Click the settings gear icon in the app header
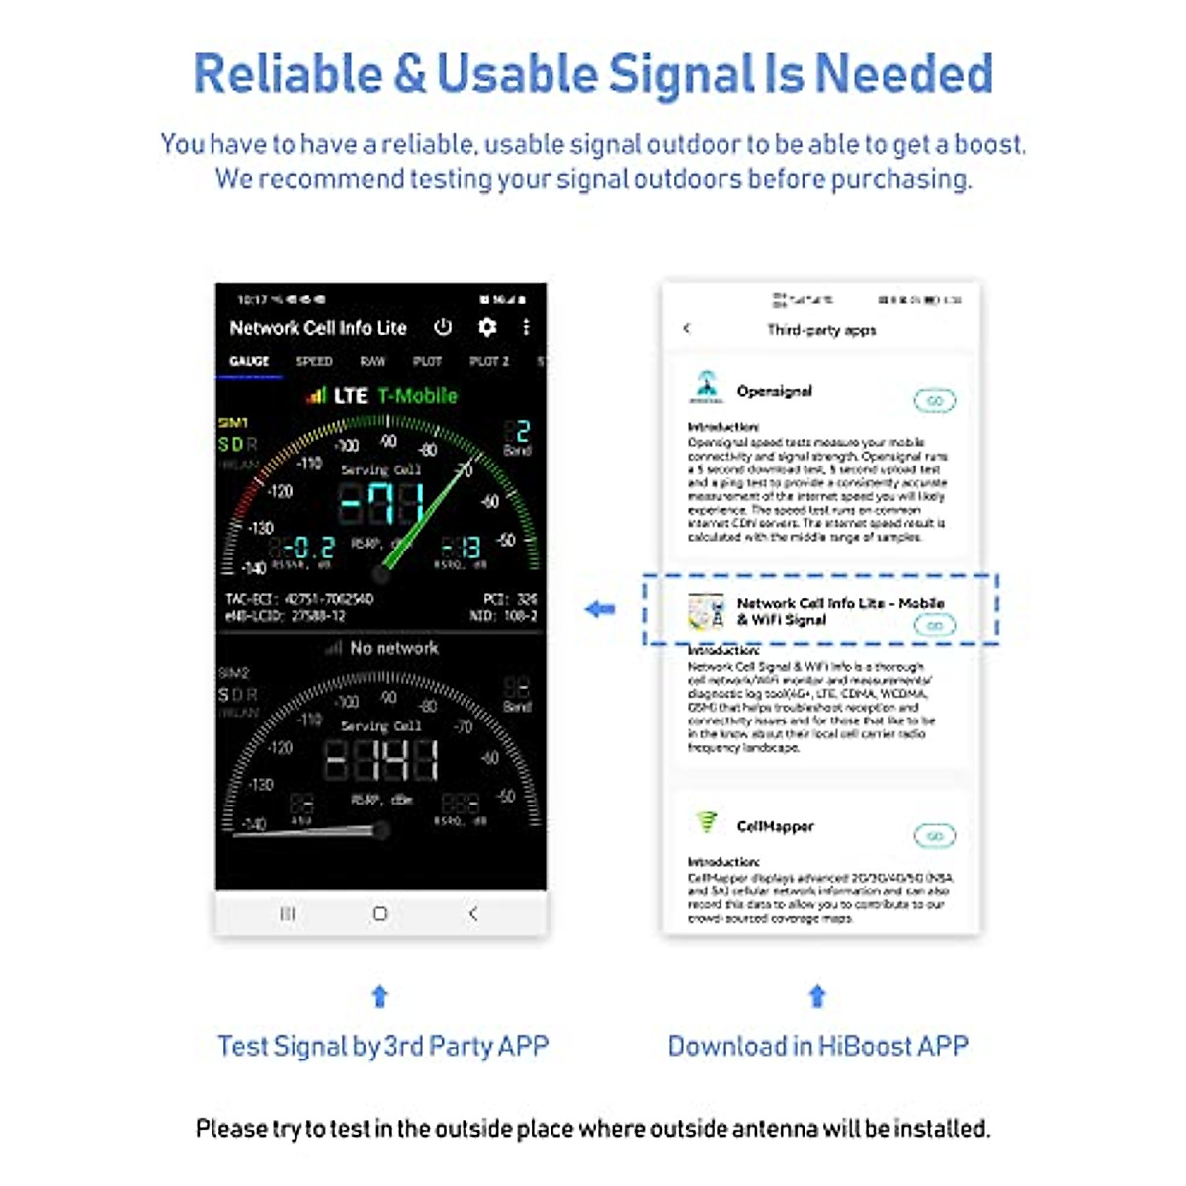(x=486, y=327)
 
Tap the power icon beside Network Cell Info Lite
(x=443, y=327)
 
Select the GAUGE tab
(x=249, y=362)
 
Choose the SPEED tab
(x=314, y=362)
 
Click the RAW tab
(x=373, y=362)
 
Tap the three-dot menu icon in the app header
(x=526, y=327)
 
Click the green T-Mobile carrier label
(x=417, y=396)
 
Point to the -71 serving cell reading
(x=381, y=503)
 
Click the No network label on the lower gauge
(x=393, y=648)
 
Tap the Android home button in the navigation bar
(x=380, y=914)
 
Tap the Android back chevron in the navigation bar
(x=473, y=914)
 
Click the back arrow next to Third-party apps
(x=687, y=329)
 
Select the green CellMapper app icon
(x=706, y=821)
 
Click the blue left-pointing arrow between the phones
(x=600, y=610)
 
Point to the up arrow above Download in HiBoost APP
(x=817, y=996)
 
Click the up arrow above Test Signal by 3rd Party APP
(x=380, y=996)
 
